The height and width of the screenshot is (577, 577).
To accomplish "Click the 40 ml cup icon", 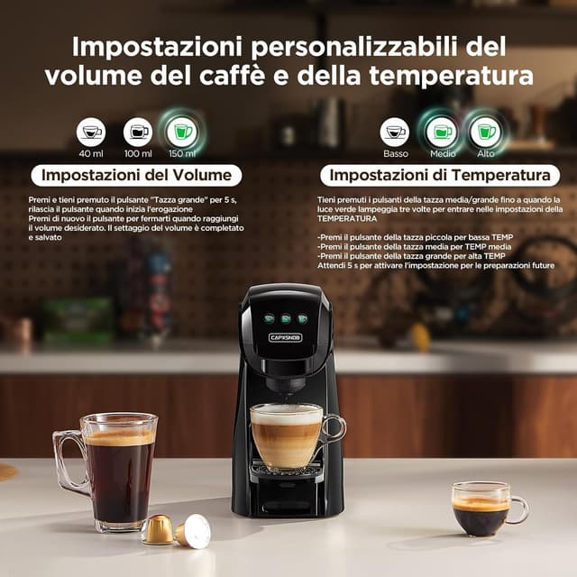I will click(91, 132).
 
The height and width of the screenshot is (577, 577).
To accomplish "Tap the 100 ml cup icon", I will click(138, 132).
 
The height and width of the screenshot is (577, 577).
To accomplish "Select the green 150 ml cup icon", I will click(183, 132).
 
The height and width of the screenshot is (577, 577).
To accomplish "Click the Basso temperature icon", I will click(394, 132).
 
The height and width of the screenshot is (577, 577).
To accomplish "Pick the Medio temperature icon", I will click(442, 132).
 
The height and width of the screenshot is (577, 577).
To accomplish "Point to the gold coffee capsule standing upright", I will click(158, 529).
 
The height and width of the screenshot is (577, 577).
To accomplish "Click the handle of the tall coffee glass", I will click(66, 463).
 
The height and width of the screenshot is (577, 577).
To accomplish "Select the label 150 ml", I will click(183, 155).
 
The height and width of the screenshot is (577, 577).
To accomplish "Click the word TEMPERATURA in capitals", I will click(347, 218).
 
